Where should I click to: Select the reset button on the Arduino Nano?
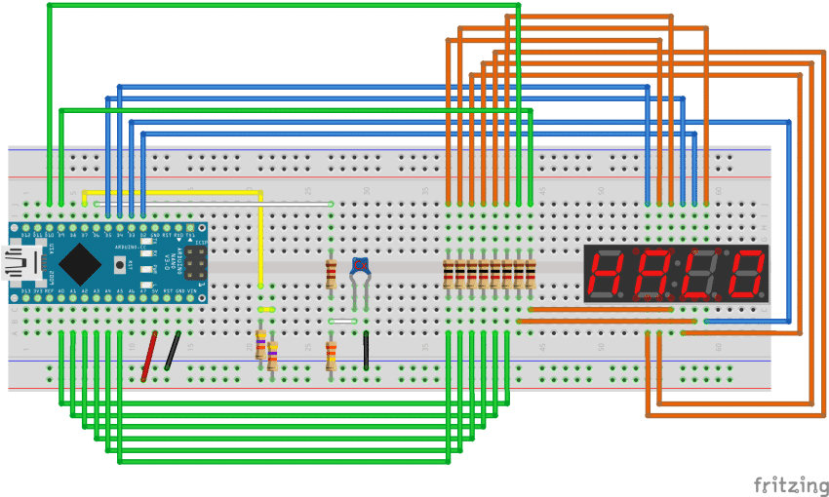[x=121, y=263]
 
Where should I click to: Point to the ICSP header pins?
[x=196, y=261]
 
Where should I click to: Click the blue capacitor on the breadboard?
[x=361, y=265]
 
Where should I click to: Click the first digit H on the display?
[x=607, y=274]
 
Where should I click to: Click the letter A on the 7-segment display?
[x=651, y=274]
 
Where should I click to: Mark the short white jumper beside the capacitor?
[x=343, y=321]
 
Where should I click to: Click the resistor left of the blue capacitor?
[x=332, y=274]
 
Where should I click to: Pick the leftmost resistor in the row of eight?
[x=449, y=274]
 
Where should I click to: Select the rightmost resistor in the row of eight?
[x=532, y=274]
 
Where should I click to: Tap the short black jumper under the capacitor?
[x=366, y=351]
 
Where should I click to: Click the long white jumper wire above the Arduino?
[x=293, y=203]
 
